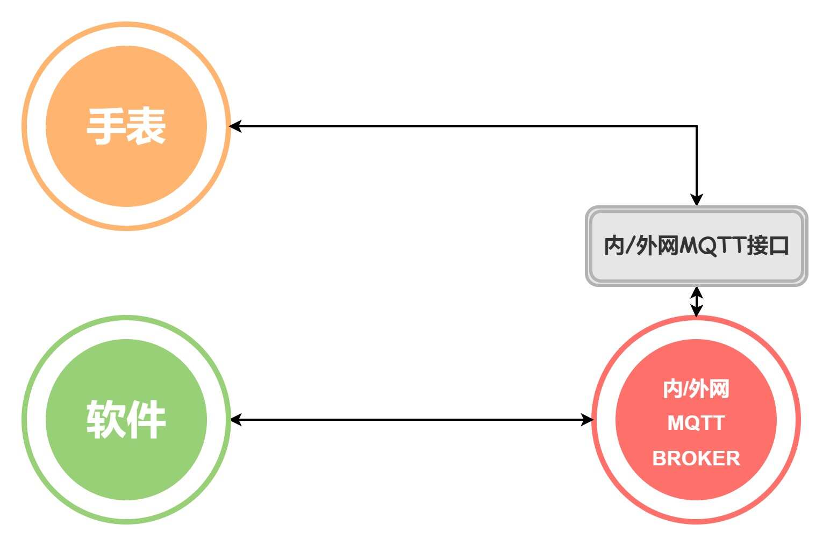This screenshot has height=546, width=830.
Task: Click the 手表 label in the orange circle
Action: point(126,126)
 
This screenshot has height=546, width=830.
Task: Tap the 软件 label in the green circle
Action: point(126,419)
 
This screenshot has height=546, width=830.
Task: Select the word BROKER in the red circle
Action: point(696,458)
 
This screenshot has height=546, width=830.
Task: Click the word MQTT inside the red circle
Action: point(696,423)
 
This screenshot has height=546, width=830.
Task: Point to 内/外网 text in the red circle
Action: point(696,389)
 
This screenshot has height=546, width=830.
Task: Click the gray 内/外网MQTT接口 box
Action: point(697,246)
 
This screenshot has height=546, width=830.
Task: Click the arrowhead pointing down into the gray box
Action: point(697,199)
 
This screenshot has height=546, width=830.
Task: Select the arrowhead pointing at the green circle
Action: point(236,420)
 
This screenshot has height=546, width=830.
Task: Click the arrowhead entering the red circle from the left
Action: point(587,420)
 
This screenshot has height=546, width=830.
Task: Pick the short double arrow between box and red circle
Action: point(697,301)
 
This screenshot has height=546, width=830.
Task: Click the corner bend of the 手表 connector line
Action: point(697,126)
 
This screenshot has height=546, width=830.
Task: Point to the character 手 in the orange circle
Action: point(106,126)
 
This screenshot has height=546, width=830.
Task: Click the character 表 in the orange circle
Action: point(146,126)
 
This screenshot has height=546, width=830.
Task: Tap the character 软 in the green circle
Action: point(106,419)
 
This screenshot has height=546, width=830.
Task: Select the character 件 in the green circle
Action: point(146,419)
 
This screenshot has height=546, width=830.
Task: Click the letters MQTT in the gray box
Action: point(712,246)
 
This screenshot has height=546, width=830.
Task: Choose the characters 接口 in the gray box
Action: point(768,246)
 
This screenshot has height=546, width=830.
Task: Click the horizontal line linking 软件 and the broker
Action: point(411,420)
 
